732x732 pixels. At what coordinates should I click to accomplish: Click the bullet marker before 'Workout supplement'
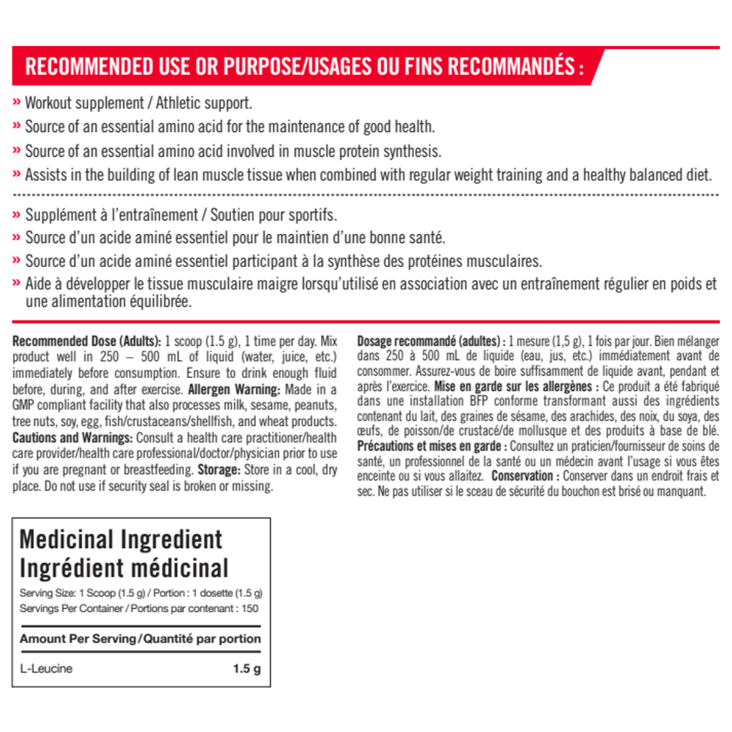(x=17, y=102)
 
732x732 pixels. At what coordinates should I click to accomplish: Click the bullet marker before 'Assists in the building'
(x=17, y=175)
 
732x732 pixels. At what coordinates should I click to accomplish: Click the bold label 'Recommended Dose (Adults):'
(x=87, y=341)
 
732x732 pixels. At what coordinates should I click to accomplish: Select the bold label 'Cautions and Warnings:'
(x=72, y=437)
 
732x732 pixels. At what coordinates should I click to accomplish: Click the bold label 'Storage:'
(x=218, y=470)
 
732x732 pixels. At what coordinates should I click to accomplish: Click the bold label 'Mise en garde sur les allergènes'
(x=512, y=386)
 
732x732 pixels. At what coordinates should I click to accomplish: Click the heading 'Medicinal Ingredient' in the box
(x=121, y=540)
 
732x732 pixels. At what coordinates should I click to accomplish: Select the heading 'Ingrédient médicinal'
(x=124, y=568)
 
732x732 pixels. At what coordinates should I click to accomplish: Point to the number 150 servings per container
(x=249, y=608)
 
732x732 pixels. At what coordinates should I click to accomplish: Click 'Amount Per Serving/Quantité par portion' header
(x=140, y=639)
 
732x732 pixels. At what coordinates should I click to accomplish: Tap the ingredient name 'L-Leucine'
(x=46, y=669)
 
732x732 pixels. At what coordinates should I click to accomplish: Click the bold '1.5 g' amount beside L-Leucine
(x=246, y=669)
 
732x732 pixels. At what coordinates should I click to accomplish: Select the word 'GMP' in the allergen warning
(x=23, y=406)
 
